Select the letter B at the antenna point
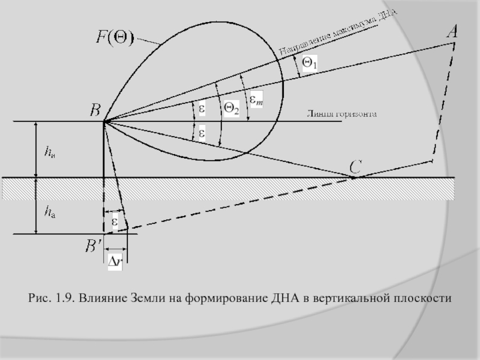tap(95, 110)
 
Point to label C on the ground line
tap(355, 167)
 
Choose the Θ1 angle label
tap(310, 62)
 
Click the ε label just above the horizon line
tap(202, 109)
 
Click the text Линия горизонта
tap(341, 114)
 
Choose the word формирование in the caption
tap(224, 298)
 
